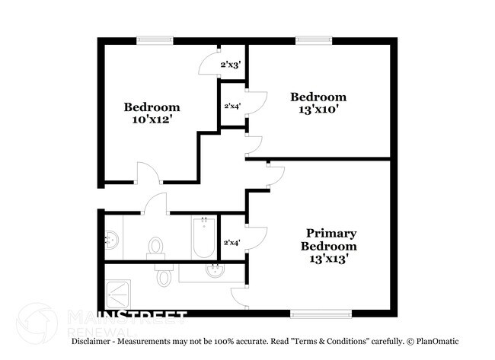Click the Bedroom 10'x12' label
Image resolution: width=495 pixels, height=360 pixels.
click(x=152, y=113)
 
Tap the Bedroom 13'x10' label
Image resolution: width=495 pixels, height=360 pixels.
click(x=318, y=103)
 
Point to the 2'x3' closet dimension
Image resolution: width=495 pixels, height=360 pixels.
click(x=230, y=65)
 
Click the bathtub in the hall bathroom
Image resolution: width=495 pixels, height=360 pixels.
click(x=203, y=237)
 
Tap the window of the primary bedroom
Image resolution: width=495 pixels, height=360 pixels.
click(x=321, y=312)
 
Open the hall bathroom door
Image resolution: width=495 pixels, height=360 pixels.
click(x=156, y=203)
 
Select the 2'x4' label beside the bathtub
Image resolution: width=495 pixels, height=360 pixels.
click(x=230, y=243)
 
